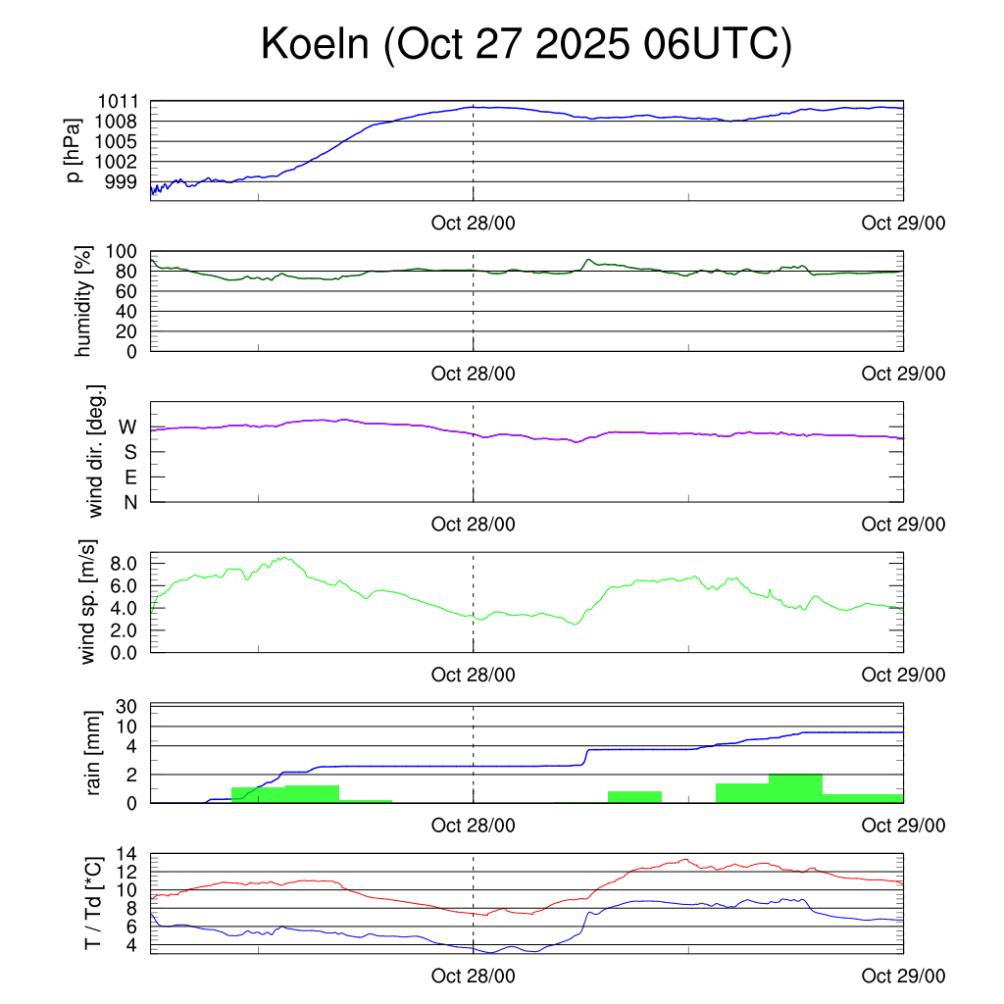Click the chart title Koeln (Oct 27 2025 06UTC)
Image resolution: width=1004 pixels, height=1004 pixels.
pos(526,45)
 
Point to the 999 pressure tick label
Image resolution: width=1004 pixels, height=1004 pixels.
pos(123,182)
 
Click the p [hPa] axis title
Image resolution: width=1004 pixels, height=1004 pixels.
pos(75,149)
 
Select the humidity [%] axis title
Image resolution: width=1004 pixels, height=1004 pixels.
pos(85,300)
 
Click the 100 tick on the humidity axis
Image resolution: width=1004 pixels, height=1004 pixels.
pos(122,252)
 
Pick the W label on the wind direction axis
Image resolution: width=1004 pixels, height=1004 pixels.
pos(127,427)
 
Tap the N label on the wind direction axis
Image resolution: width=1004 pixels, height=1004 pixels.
pos(129,502)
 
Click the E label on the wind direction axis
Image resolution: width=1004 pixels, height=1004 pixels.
pos(129,477)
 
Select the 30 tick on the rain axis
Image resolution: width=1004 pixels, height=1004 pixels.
pos(125,707)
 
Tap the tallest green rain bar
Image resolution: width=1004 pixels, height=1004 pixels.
pos(795,788)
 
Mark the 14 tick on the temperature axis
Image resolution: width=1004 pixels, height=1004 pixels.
pos(125,854)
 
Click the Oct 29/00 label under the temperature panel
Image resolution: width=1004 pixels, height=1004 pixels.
pos(903,978)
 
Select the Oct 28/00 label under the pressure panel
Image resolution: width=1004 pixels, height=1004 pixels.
pos(473,224)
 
